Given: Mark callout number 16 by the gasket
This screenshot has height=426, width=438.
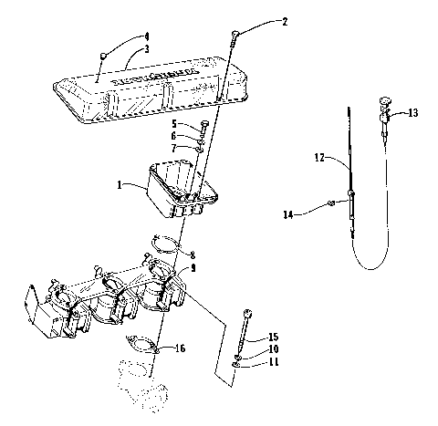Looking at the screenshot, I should pos(182,348).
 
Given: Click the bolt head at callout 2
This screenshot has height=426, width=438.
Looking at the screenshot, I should pos(235,34).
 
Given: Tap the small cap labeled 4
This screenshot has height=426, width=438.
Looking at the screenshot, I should pos(106,56).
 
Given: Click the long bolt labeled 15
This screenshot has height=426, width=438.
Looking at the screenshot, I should pos(246,334).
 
